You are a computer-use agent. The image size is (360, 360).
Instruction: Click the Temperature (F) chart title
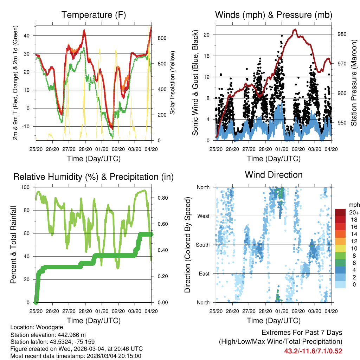(94, 15)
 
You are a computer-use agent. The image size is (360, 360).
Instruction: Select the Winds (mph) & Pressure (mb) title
(274, 15)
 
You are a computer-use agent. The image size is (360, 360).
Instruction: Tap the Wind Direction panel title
(274, 175)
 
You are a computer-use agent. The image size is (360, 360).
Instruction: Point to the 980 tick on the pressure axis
(342, 34)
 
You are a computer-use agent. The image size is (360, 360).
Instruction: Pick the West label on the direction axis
(203, 216)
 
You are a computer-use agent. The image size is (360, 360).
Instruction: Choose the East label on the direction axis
(204, 274)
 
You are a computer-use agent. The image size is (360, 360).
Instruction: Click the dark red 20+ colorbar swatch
(340, 212)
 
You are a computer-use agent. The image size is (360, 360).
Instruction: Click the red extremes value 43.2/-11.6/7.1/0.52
(313, 351)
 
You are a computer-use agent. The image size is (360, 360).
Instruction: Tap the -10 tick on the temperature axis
(28, 126)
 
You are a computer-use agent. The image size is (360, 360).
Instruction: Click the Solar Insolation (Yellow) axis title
(173, 83)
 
